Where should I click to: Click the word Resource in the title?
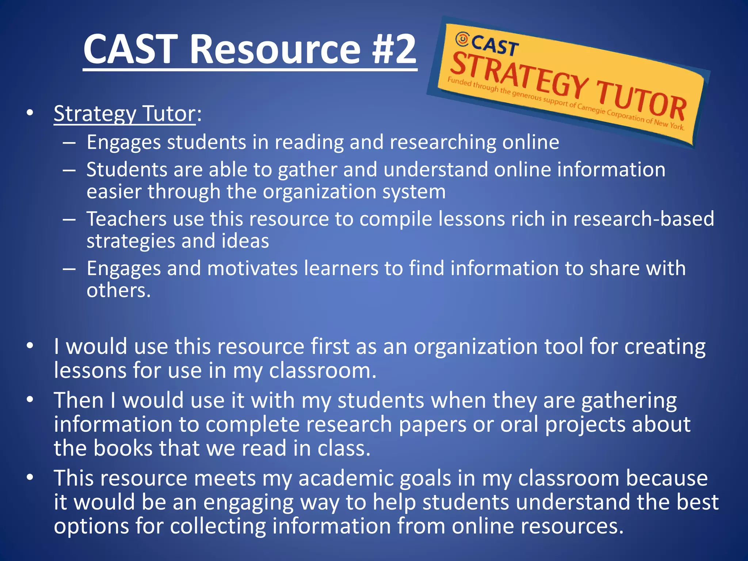275,49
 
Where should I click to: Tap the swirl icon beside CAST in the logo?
462,39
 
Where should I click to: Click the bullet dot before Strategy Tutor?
30,113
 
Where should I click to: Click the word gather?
307,170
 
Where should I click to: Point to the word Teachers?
126,219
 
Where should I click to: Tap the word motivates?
252,268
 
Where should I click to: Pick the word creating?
665,347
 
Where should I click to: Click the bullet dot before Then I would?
30,400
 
